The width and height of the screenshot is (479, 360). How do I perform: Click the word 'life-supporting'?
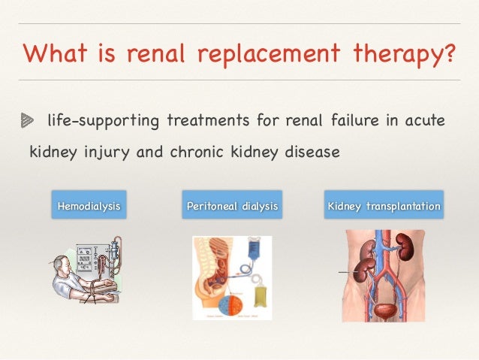[x=103, y=121]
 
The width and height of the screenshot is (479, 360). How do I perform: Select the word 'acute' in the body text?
[x=424, y=120]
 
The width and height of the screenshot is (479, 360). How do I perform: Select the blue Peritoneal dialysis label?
[x=232, y=205]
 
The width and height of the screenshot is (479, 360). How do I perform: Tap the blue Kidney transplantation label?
[x=383, y=205]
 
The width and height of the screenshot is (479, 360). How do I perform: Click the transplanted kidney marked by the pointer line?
[x=366, y=271]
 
